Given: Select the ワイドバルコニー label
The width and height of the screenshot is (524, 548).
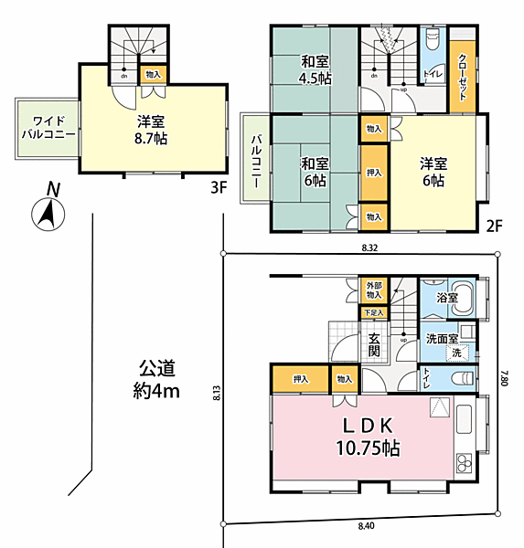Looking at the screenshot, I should click(48, 127).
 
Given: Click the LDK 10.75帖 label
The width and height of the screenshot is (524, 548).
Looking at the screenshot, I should click(367, 437).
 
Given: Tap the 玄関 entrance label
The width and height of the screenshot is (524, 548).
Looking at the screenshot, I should click(374, 343).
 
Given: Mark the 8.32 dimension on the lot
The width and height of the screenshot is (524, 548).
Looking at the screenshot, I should click(369, 248).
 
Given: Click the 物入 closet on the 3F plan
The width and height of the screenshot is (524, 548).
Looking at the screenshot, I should click(153, 74).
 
